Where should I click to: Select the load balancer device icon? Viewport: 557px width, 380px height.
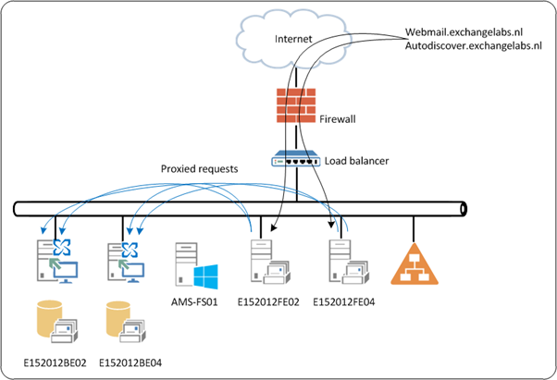click(x=295, y=161)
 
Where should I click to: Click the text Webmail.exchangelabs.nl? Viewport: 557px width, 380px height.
click(x=464, y=31)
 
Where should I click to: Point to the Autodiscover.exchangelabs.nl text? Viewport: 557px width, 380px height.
click(x=472, y=45)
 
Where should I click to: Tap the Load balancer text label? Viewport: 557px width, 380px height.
click(x=356, y=161)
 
